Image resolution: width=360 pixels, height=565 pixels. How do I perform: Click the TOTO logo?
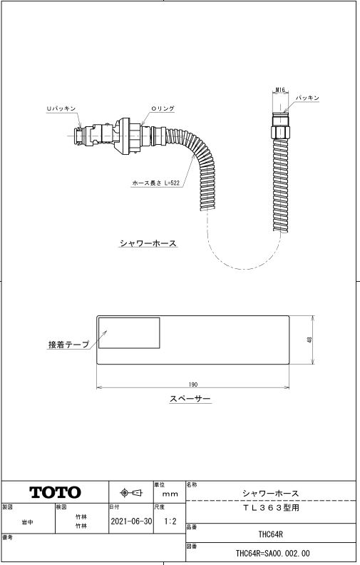(x=55, y=492)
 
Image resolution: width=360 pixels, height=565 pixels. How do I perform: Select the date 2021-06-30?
(x=131, y=521)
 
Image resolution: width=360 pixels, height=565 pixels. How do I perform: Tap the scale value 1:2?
(x=170, y=521)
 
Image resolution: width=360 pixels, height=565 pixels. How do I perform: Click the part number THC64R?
(x=270, y=534)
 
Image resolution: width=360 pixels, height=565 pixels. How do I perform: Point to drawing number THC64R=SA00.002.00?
(x=272, y=553)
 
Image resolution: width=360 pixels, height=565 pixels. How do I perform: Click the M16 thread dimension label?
(x=280, y=90)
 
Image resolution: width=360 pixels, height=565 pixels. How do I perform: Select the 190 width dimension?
(x=193, y=385)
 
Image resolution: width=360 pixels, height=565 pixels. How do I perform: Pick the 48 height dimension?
(x=310, y=340)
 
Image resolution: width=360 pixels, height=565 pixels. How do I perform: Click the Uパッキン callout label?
(x=61, y=108)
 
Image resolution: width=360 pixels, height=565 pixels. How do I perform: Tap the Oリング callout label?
(x=163, y=108)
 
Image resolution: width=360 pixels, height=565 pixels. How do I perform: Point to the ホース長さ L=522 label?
(x=155, y=183)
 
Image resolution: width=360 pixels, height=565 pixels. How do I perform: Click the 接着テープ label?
(x=68, y=344)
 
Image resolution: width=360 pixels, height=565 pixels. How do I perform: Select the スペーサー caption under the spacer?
(x=190, y=399)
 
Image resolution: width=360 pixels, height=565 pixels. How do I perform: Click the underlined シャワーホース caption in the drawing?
(x=148, y=243)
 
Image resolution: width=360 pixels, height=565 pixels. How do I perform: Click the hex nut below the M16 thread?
(x=280, y=132)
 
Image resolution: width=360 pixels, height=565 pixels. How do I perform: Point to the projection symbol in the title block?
(x=131, y=492)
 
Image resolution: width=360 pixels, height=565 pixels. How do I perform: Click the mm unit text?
(x=170, y=494)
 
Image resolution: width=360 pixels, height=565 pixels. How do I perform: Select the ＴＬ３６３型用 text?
(x=271, y=508)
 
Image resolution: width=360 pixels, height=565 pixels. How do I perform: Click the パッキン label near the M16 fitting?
(x=307, y=98)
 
